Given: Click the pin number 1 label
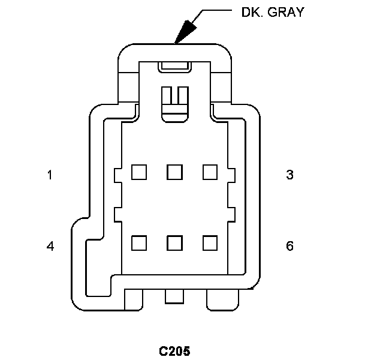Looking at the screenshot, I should (x=50, y=175).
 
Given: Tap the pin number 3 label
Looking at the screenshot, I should (x=290, y=175).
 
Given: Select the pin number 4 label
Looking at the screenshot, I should (x=50, y=246).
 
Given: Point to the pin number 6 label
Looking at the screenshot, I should (x=290, y=246).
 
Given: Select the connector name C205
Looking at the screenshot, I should (x=174, y=350).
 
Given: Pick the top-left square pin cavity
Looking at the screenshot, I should (x=139, y=172).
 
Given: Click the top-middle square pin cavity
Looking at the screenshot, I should (x=174, y=172).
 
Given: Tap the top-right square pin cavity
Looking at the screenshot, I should (x=209, y=172).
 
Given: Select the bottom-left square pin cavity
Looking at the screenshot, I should (x=139, y=242).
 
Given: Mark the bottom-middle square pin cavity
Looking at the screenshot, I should (x=174, y=242).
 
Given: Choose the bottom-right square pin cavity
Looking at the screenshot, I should (x=209, y=242).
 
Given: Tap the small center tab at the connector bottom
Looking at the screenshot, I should (x=174, y=296).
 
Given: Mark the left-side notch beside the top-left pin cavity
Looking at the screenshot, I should (x=117, y=174).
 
